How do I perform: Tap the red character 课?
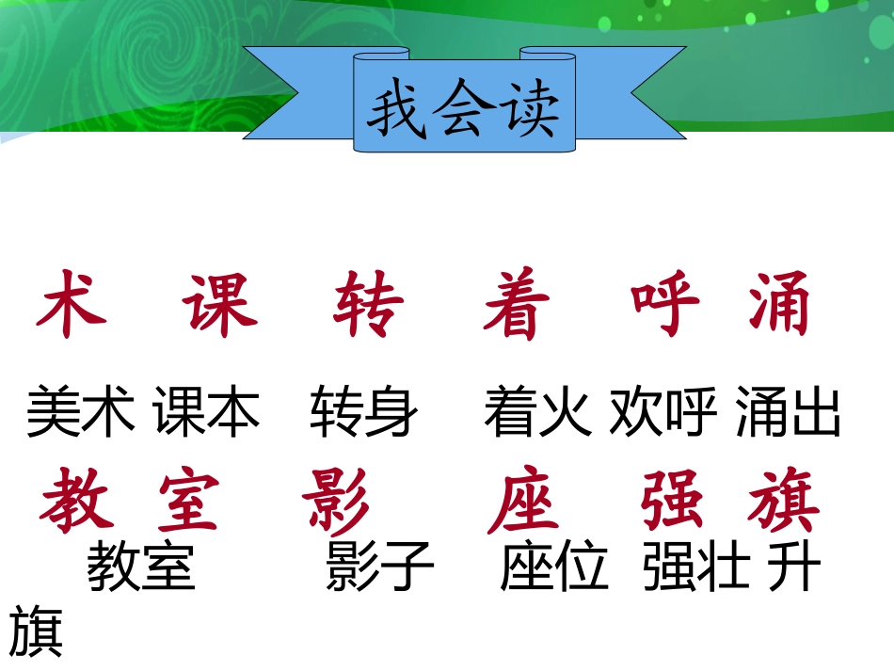click(220, 304)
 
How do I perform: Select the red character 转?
click(368, 304)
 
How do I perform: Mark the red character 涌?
click(780, 304)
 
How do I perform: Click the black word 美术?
click(81, 413)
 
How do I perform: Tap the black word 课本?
click(207, 413)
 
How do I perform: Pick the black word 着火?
click(538, 413)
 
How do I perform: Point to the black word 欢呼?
click(663, 413)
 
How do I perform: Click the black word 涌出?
click(789, 413)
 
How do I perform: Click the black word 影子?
click(380, 567)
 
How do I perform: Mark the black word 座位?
click(555, 567)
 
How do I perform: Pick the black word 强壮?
click(697, 567)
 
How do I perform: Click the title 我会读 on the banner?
click(463, 112)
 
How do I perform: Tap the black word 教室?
click(141, 567)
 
